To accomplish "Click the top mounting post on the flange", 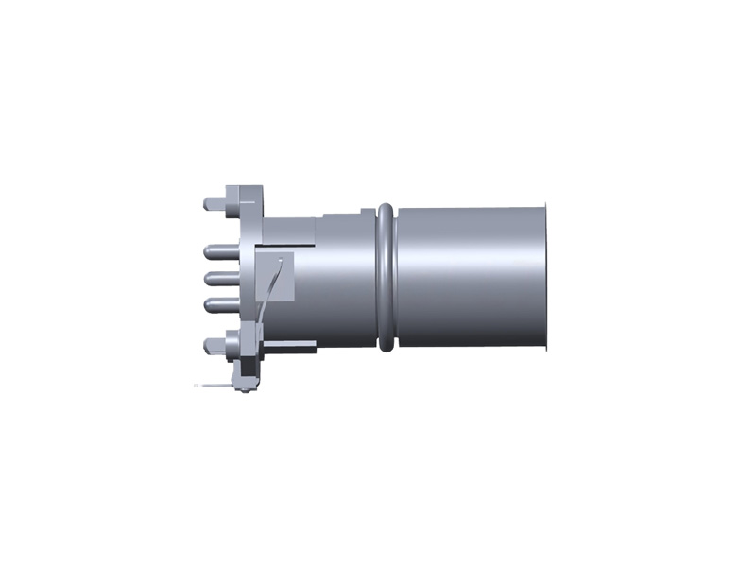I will pyautogui.click(x=219, y=203).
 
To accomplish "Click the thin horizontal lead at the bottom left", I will pyautogui.click(x=213, y=386).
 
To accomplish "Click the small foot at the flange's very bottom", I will pyautogui.click(x=244, y=386).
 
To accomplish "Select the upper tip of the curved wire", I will pyautogui.click(x=282, y=260).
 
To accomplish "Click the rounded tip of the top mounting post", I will pyautogui.click(x=207, y=203).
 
